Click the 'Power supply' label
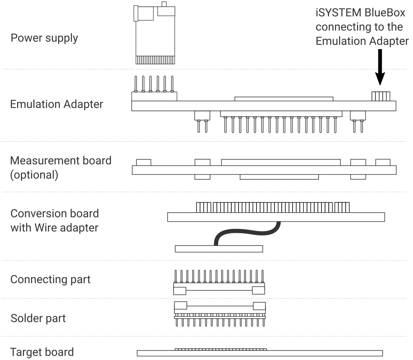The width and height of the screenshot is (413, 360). (44, 38)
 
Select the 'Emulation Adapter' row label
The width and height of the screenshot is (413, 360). (56, 104)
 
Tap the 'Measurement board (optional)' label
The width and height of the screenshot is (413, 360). (60, 167)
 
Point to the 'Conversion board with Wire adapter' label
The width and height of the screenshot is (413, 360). (54, 220)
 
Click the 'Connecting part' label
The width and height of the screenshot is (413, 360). (50, 279)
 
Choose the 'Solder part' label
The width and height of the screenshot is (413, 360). (38, 318)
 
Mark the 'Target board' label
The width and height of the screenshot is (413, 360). (42, 352)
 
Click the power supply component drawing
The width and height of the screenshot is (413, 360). (154, 34)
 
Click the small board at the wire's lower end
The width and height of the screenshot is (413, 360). (218, 249)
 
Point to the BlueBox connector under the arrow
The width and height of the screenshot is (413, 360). (380, 96)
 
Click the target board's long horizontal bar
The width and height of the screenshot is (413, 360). (260, 353)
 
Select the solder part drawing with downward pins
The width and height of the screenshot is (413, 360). (219, 314)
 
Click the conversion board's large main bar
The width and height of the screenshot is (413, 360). (276, 217)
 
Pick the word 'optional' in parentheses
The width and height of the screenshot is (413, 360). (34, 175)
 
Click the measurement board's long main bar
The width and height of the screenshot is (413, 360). (264, 170)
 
